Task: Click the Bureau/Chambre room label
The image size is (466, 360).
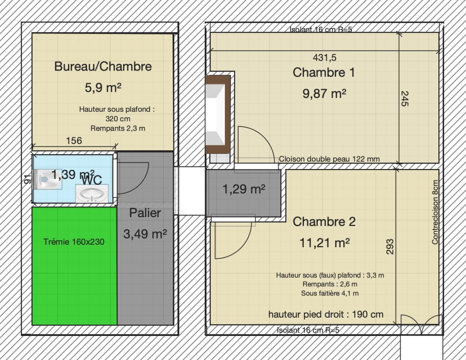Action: [x=103, y=66]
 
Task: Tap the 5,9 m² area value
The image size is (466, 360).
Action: [x=103, y=87]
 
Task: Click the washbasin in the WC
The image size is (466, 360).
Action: [x=92, y=194]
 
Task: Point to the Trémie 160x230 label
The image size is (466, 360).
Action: [x=74, y=242]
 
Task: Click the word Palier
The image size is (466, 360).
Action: [x=145, y=213]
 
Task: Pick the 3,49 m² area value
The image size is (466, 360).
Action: [x=145, y=234]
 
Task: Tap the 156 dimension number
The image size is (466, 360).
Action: [x=74, y=141]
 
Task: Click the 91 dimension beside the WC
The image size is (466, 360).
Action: [x=28, y=179]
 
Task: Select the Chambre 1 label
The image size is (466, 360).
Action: [x=324, y=72]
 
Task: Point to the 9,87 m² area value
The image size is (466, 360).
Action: [x=324, y=94]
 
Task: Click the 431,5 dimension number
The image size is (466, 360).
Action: [x=325, y=57]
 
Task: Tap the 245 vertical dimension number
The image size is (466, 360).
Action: [x=405, y=99]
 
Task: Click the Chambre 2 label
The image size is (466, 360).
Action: [x=324, y=221]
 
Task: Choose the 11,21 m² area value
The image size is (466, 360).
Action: [x=325, y=243]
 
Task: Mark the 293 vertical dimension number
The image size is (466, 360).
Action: [x=390, y=247]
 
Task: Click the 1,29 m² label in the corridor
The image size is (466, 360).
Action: [x=244, y=189]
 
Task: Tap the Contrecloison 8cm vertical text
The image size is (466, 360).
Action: [x=435, y=212]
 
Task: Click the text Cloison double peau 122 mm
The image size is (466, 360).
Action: [x=329, y=159]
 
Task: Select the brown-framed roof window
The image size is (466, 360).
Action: [x=218, y=114]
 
